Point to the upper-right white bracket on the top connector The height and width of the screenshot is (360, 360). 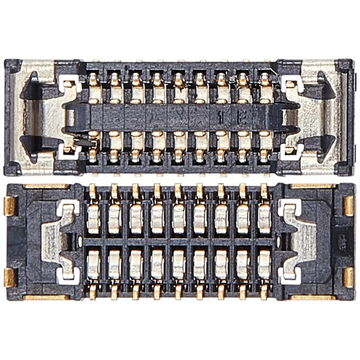(x=291, y=83)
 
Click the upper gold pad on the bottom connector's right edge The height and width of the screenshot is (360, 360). (x=349, y=206)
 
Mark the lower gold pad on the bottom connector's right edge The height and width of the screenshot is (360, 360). (x=349, y=277)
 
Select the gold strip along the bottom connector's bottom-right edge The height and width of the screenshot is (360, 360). (x=313, y=297)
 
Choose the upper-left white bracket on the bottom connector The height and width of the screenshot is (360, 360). (x=67, y=207)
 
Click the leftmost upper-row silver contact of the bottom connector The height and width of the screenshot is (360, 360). (x=93, y=219)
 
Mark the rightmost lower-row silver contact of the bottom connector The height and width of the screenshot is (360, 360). (x=264, y=264)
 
